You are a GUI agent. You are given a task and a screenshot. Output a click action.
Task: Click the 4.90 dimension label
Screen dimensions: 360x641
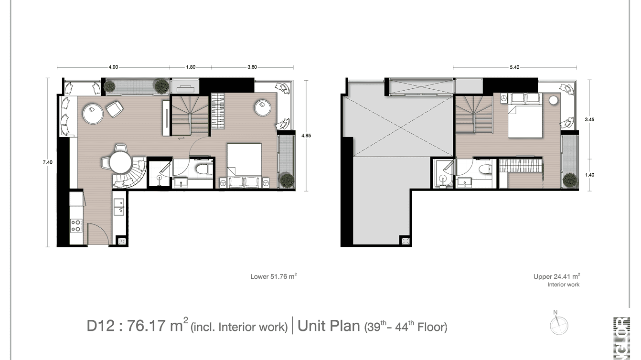coord(113,67)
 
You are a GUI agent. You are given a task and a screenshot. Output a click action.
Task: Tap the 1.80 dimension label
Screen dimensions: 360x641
coord(190,67)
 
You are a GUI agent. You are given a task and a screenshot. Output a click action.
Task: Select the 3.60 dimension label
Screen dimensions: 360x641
coord(252,67)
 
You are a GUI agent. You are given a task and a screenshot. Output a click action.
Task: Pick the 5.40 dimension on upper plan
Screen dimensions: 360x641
coord(514,67)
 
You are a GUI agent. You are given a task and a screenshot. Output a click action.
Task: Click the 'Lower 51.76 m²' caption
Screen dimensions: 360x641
coord(274,276)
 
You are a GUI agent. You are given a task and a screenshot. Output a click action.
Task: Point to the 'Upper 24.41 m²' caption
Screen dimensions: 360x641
coord(556,276)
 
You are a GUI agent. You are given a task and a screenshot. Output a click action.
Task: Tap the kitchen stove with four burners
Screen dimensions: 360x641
coord(76,225)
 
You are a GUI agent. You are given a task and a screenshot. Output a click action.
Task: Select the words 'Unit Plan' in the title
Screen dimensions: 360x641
coord(329,326)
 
